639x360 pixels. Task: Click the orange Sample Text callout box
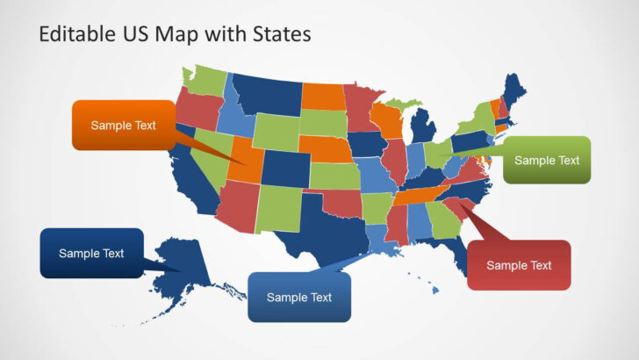pyautogui.click(x=123, y=126)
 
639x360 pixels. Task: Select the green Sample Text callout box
pyautogui.click(x=547, y=160)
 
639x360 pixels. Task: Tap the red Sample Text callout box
pyautogui.click(x=519, y=265)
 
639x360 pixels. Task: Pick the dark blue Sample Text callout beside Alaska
pyautogui.click(x=91, y=253)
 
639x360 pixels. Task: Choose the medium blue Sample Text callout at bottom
pyautogui.click(x=299, y=297)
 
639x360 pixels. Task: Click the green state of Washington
pyautogui.click(x=207, y=79)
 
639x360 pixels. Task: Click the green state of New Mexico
pyautogui.click(x=278, y=211)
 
